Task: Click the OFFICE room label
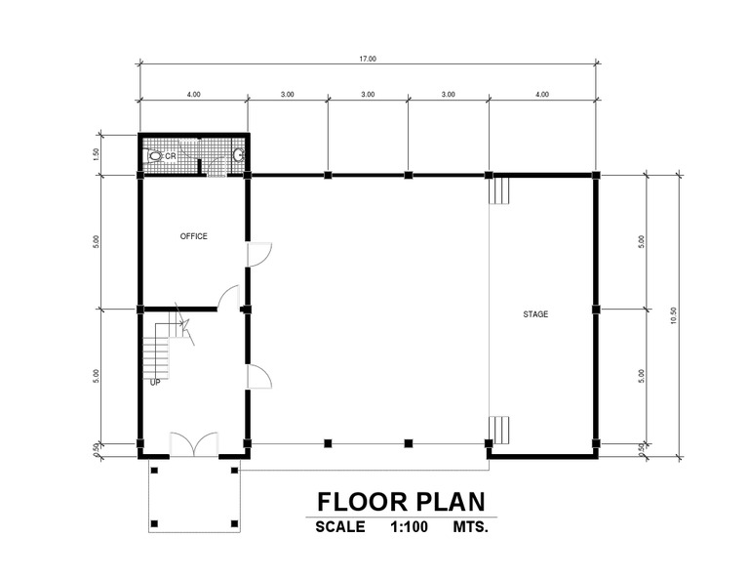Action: point(193,236)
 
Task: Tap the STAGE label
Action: point(535,314)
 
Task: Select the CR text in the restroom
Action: point(171,156)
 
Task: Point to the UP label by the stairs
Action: point(155,383)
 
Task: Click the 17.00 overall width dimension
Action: point(368,59)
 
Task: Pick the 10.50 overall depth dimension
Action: point(674,315)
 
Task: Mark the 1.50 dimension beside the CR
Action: point(96,154)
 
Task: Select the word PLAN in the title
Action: point(451,502)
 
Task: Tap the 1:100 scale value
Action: point(410,527)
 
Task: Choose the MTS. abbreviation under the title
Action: point(470,527)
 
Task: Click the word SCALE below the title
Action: point(340,527)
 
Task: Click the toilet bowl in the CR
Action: point(154,156)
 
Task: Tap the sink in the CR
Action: point(239,155)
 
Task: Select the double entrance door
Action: point(194,444)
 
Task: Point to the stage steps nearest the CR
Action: point(499,190)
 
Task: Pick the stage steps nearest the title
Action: point(499,430)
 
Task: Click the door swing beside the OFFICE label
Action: point(259,255)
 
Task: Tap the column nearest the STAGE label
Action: point(596,310)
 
